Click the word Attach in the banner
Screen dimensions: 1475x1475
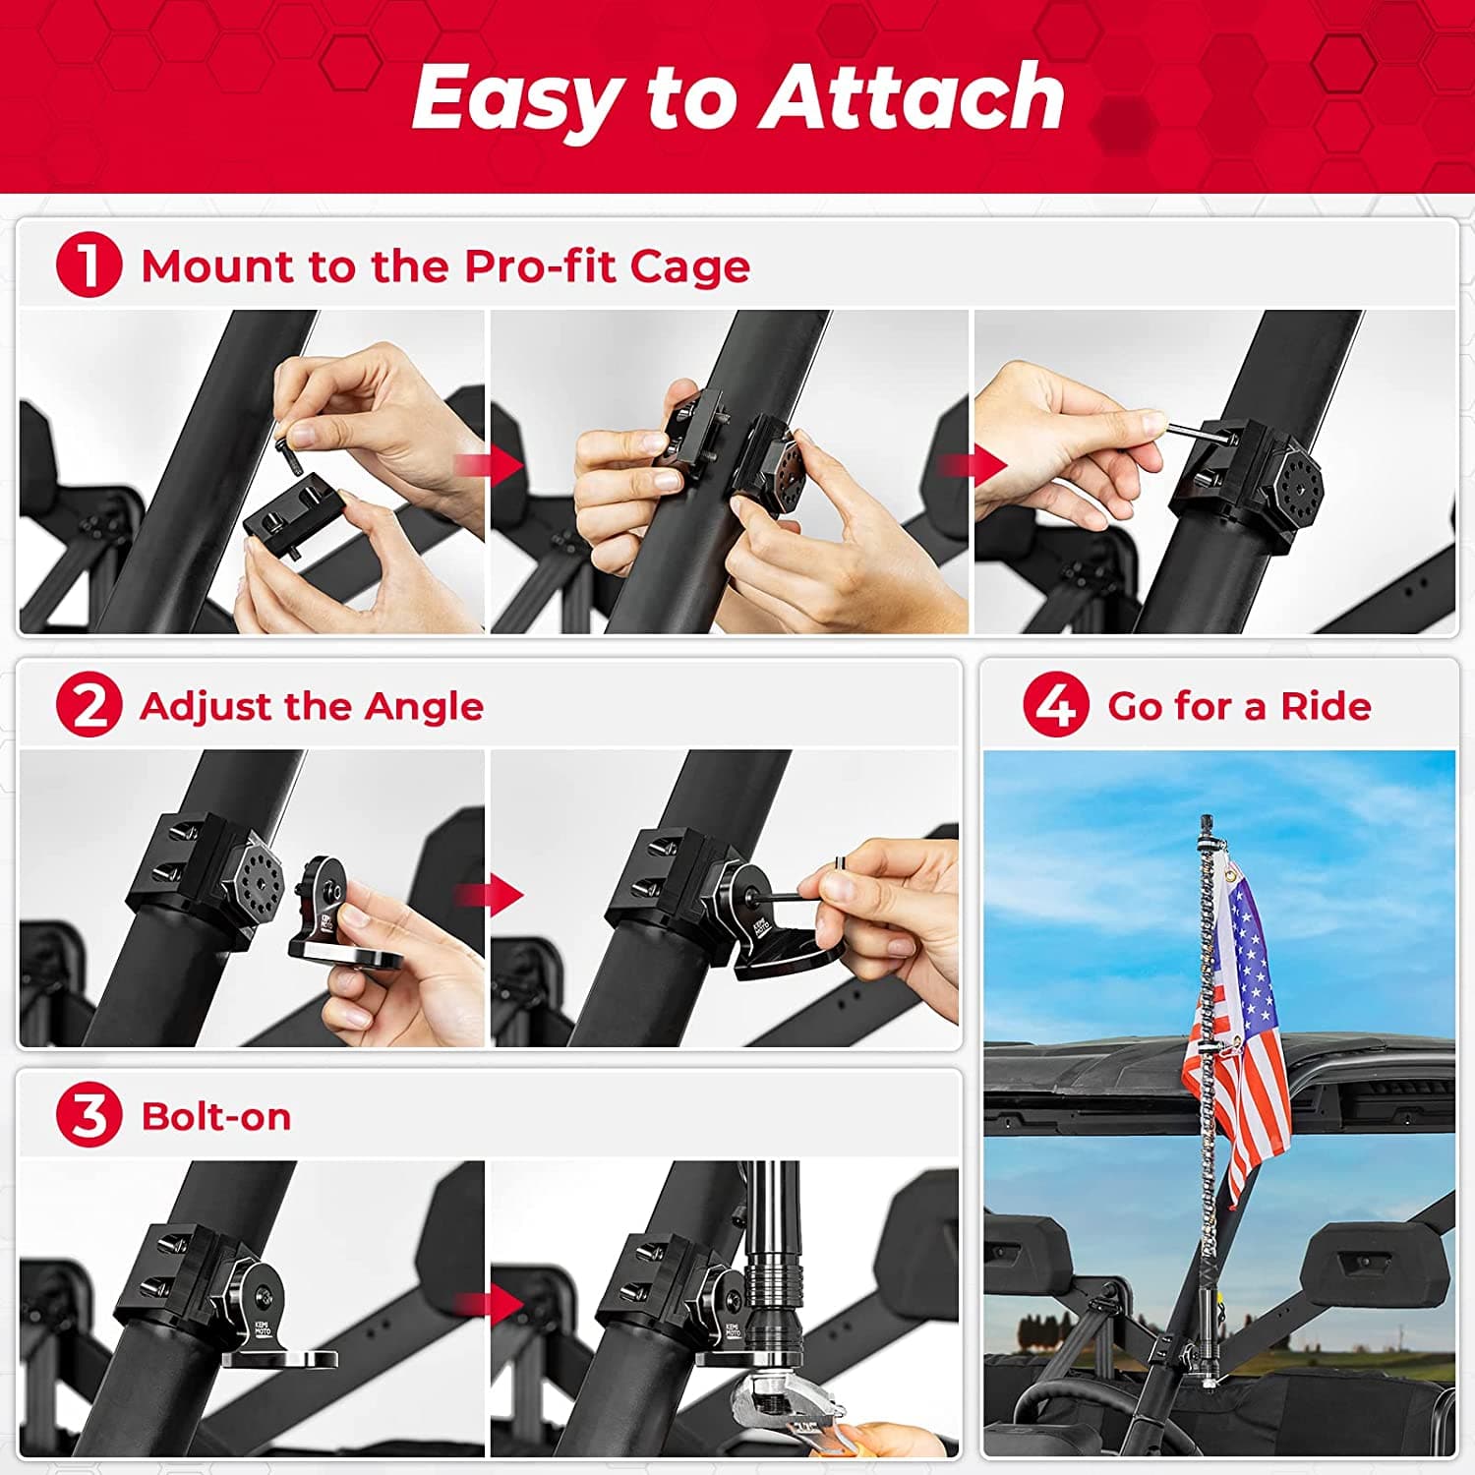(x=914, y=96)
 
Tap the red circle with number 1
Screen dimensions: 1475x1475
(x=88, y=265)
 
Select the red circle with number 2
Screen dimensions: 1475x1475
(x=88, y=705)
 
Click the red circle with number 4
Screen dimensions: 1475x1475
(x=1056, y=705)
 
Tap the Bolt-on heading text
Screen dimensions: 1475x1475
(x=216, y=1117)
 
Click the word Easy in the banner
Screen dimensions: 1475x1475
(x=517, y=96)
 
